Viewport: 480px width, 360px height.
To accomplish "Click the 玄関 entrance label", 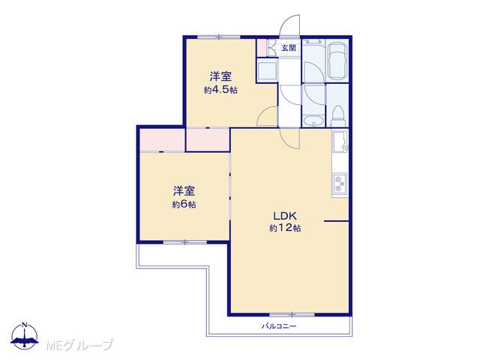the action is pos(288,48).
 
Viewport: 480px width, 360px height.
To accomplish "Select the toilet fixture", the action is pos(338,115).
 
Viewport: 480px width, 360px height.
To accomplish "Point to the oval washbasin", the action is pos(313,121).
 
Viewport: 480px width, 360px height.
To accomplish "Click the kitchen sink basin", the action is pos(340,141).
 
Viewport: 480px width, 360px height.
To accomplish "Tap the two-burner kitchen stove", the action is pos(340,183).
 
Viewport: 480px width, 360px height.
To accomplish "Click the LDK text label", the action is pos(285,216).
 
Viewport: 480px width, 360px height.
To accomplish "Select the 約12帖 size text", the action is pos(285,228).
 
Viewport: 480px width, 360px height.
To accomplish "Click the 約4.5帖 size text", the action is pos(220,90).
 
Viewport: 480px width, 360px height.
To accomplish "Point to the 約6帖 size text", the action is pos(184,204).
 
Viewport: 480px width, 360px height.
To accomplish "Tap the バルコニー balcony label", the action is pos(278,326).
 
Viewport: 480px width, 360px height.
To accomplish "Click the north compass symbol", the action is pos(25,336).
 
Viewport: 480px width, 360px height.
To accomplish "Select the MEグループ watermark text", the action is pos(80,345).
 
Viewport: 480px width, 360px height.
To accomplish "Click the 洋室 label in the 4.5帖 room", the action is pos(220,76).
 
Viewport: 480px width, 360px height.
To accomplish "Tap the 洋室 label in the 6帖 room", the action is pos(184,190).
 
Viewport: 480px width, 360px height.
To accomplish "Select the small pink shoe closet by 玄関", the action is pos(261,48).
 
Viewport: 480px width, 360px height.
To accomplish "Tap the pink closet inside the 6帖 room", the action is pos(162,140).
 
